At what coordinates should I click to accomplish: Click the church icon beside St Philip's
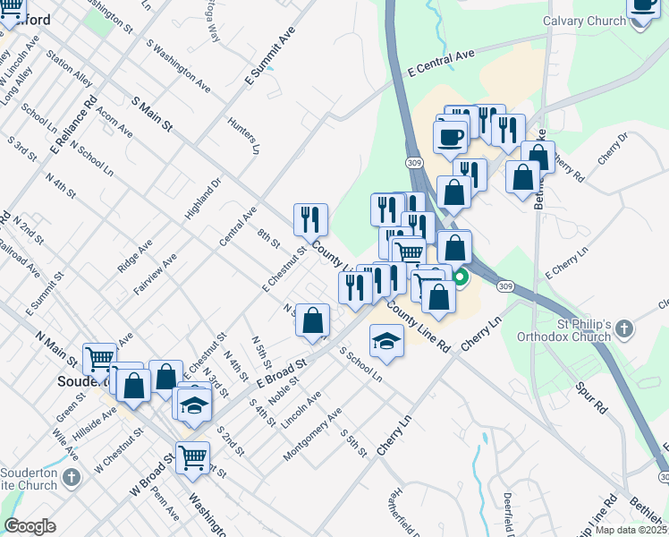pos(624,331)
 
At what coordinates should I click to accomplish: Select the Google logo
pos(30,526)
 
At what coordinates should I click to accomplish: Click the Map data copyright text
pos(631,530)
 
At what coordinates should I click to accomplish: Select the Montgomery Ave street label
pos(312,435)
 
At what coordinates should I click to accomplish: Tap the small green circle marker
pos(461,277)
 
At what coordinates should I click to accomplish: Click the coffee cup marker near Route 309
pos(449,137)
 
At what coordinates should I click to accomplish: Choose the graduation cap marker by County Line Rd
pos(386,341)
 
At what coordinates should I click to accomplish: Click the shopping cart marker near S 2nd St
pos(193,456)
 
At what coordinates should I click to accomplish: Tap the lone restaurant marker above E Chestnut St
pos(310,217)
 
